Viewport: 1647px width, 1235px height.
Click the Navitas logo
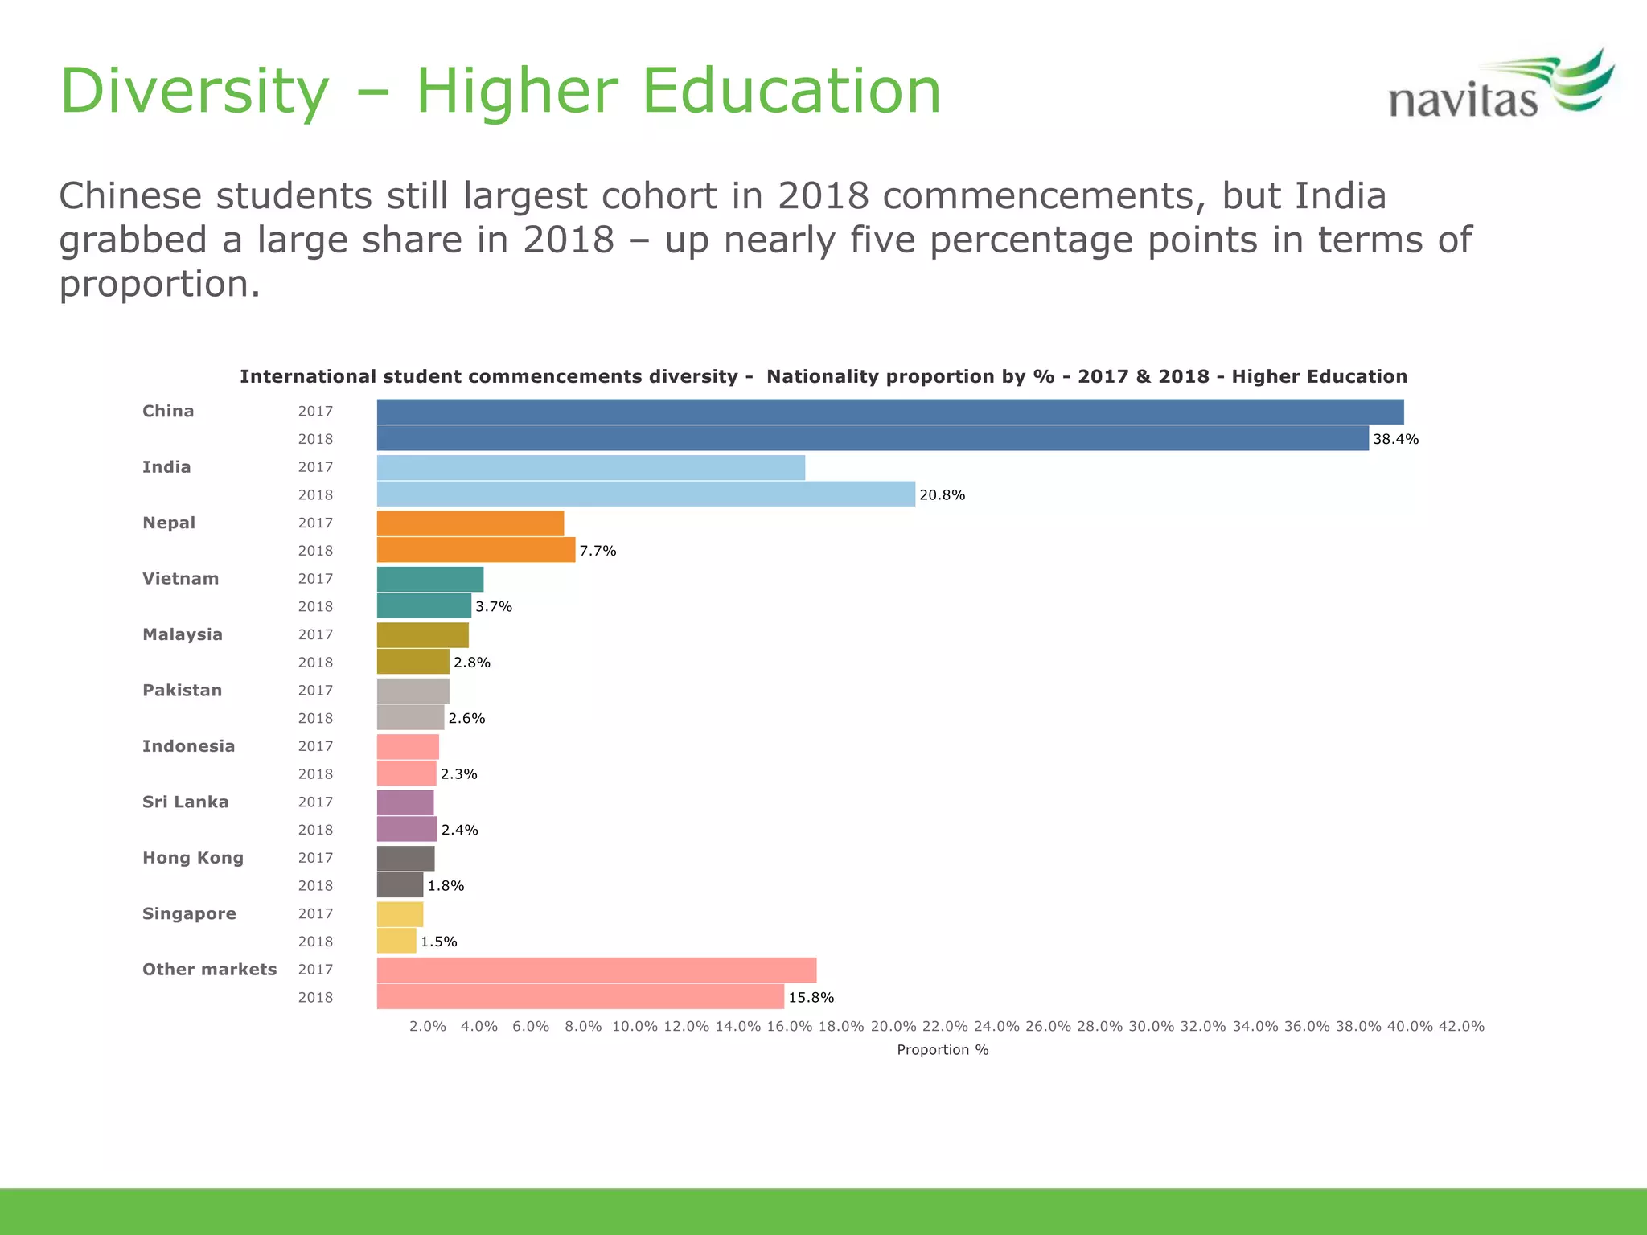point(1500,87)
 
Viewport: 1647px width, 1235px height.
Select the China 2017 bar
point(889,412)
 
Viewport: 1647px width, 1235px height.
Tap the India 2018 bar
point(646,494)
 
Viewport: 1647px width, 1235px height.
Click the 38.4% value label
point(1395,439)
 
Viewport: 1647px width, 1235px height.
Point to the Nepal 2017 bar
point(470,523)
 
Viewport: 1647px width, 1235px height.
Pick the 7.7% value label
point(598,551)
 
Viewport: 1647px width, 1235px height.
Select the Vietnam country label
point(180,579)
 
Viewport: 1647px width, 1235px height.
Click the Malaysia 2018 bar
point(413,662)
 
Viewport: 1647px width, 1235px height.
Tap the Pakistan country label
point(182,691)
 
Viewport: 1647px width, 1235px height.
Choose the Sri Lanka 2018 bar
point(407,829)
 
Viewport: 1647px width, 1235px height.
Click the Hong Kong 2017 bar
point(405,858)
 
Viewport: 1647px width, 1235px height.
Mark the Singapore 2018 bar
point(396,941)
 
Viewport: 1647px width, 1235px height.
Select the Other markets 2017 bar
point(596,970)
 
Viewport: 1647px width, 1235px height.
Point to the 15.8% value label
point(811,998)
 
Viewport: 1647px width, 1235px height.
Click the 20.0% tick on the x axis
point(893,1027)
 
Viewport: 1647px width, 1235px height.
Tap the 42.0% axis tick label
point(1460,1027)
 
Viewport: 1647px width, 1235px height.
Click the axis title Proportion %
point(943,1050)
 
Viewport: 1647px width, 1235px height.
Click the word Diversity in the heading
point(195,91)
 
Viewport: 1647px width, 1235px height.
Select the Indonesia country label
point(188,746)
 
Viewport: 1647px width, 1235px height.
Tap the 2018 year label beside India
point(315,495)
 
